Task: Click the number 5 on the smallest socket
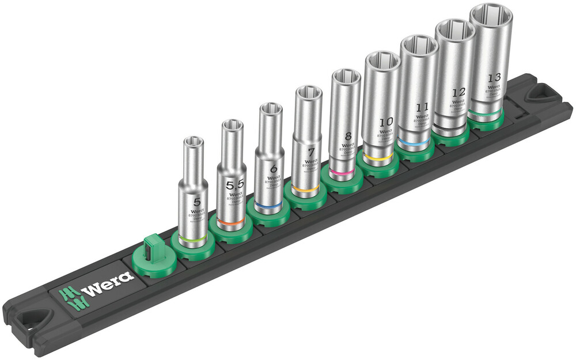click(x=198, y=202)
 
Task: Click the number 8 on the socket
click(x=347, y=137)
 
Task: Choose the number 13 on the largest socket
click(x=493, y=77)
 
